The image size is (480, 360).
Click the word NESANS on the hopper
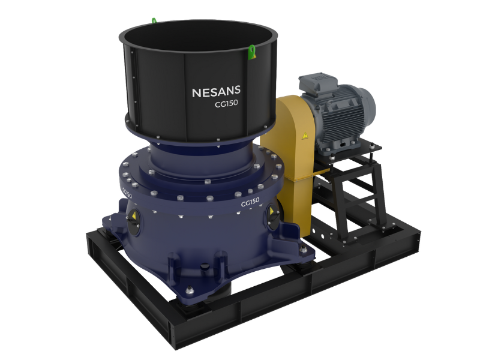click(216, 92)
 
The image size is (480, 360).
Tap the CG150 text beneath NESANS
click(226, 103)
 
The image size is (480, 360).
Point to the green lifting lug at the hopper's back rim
click(154, 21)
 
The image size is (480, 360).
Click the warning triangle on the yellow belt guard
click(305, 136)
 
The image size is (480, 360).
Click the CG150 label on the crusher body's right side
click(250, 202)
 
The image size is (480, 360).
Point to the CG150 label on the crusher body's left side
click(127, 193)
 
